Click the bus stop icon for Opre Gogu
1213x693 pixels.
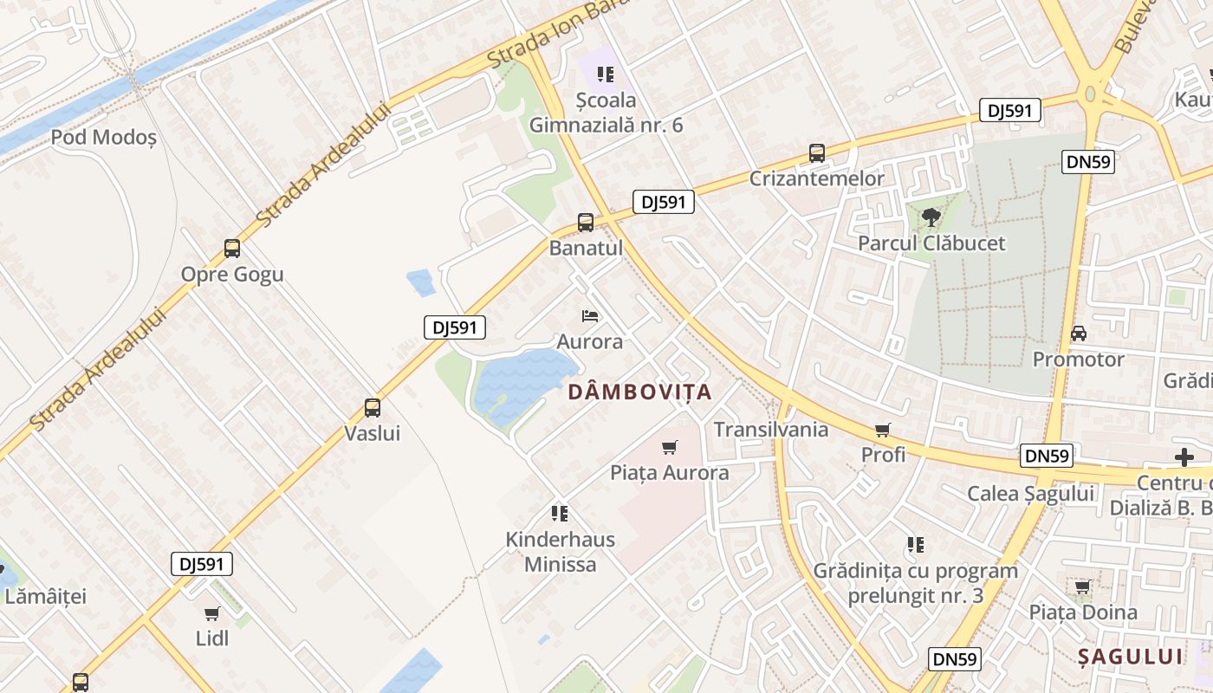click(x=232, y=249)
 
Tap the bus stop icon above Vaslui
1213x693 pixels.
click(x=373, y=407)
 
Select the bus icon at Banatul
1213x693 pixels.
click(x=586, y=223)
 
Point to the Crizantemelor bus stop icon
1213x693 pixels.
click(x=816, y=153)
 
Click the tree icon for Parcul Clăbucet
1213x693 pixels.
click(x=931, y=217)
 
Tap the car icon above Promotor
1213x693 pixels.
click(x=1079, y=334)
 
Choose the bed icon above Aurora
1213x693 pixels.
click(x=590, y=316)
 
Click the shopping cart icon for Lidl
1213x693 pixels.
click(x=212, y=614)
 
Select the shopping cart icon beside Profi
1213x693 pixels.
click(x=883, y=430)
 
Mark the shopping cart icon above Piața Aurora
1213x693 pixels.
click(x=669, y=448)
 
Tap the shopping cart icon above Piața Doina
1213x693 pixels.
click(x=1082, y=587)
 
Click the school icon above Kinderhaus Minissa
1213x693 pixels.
click(x=560, y=514)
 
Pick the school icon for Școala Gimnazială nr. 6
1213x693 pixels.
click(x=606, y=75)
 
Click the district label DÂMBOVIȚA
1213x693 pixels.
click(x=639, y=392)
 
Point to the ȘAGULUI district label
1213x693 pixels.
click(x=1130, y=656)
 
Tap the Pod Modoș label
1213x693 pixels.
click(x=104, y=137)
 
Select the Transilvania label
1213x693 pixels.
click(x=770, y=430)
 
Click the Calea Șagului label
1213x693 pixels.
click(x=1030, y=494)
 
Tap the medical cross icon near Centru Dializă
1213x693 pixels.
click(x=1184, y=457)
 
